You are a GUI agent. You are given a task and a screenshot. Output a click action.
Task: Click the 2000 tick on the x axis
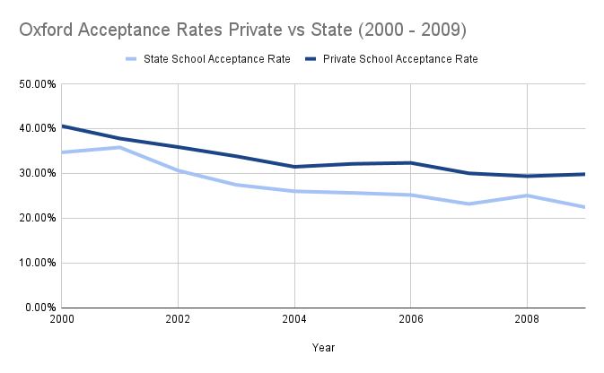coord(62,319)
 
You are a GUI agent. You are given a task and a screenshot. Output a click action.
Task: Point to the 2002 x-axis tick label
coord(178,319)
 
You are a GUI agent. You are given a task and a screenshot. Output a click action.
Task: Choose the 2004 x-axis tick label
coord(294,319)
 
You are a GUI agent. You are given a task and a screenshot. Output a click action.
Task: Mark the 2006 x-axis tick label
coord(411,319)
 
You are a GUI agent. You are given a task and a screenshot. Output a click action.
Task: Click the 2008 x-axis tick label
coord(527,319)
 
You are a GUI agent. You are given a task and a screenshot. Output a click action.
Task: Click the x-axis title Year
coord(324,346)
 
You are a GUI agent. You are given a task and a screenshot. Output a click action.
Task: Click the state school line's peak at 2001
coord(120,147)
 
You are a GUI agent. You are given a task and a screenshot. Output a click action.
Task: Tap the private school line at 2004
coord(294,167)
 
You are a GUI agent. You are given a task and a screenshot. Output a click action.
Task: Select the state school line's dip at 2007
coord(469,204)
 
